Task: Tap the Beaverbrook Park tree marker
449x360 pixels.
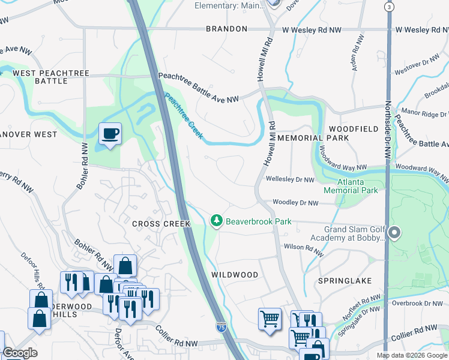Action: click(217, 221)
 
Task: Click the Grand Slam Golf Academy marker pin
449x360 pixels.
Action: click(394, 232)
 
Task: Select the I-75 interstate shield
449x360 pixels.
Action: click(221, 328)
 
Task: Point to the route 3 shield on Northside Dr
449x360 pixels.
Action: click(390, 6)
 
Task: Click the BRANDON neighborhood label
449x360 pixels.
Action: click(226, 29)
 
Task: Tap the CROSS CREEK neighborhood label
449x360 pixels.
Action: click(161, 224)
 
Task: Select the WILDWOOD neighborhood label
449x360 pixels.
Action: click(235, 275)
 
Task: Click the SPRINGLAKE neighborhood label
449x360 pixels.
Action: click(345, 281)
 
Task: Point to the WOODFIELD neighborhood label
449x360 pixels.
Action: click(354, 129)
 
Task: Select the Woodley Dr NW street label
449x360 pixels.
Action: click(295, 203)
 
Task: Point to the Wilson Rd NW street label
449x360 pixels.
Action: click(304, 247)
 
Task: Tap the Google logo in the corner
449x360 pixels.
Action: click(20, 353)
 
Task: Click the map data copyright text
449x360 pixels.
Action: click(412, 355)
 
